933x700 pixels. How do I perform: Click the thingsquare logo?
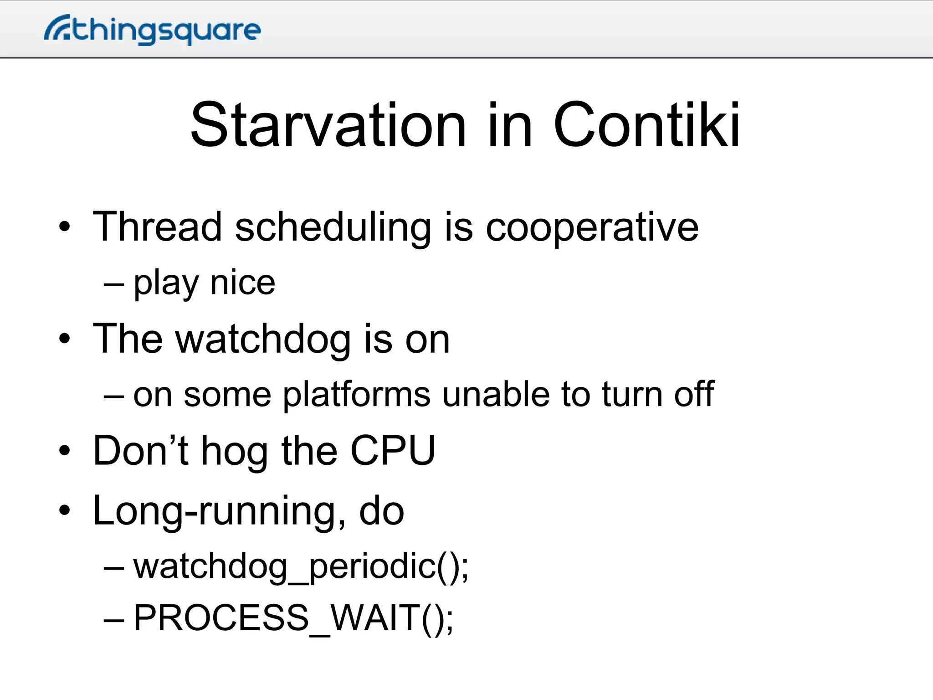coord(152,30)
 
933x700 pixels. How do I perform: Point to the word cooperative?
coord(592,228)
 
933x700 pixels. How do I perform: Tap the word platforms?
coord(356,395)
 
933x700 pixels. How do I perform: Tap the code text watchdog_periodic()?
coord(301,567)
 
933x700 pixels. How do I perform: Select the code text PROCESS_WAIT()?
coord(293,618)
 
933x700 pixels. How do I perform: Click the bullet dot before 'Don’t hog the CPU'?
coord(65,451)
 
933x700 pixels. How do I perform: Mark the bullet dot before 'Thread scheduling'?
coord(65,226)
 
